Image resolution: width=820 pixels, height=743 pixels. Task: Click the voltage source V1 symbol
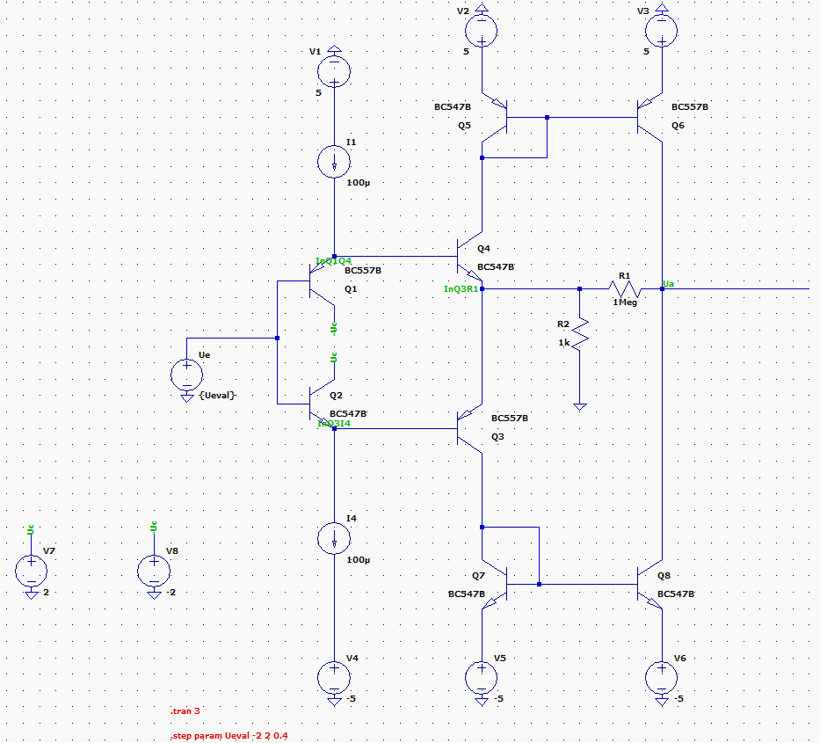coord(334,69)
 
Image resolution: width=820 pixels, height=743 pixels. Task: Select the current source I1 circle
coord(334,161)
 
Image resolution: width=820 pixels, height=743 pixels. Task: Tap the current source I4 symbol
coord(334,537)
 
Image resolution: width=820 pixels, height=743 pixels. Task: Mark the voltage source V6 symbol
coord(661,678)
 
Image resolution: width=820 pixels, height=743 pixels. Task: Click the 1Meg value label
coord(626,302)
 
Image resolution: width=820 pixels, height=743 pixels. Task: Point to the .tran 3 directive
coord(185,710)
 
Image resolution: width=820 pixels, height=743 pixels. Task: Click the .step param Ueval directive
coord(229,736)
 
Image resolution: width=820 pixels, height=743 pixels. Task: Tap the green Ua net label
coord(668,283)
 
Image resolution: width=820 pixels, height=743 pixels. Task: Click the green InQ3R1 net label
coord(461,288)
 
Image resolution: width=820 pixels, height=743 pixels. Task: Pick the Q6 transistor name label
coord(677,126)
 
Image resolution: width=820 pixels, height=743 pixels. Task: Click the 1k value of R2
coord(563,342)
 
